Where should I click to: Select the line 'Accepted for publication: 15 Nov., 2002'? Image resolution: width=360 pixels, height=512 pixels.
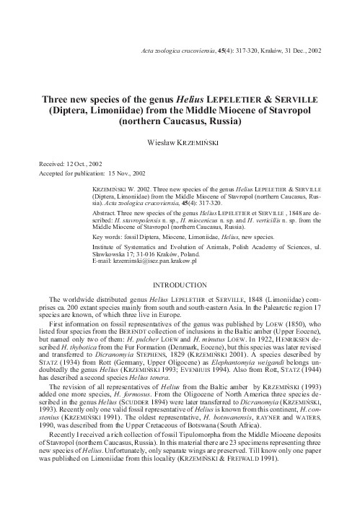90,173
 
